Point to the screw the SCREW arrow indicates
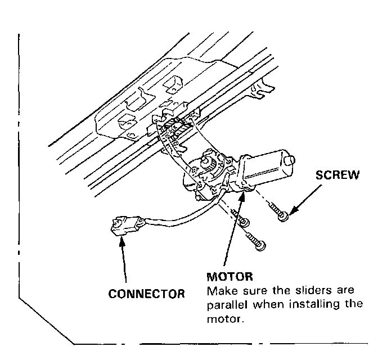(x=283, y=215)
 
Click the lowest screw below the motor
(x=259, y=245)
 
